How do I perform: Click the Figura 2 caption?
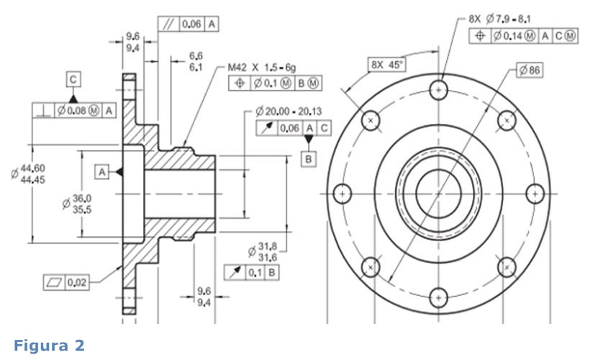48,346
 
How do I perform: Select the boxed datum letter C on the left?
75,78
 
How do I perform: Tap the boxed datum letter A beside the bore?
102,171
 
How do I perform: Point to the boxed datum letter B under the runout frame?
309,158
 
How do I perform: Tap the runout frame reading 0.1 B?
253,272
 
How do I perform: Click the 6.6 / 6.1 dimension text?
196,61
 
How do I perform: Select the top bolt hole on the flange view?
438,91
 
